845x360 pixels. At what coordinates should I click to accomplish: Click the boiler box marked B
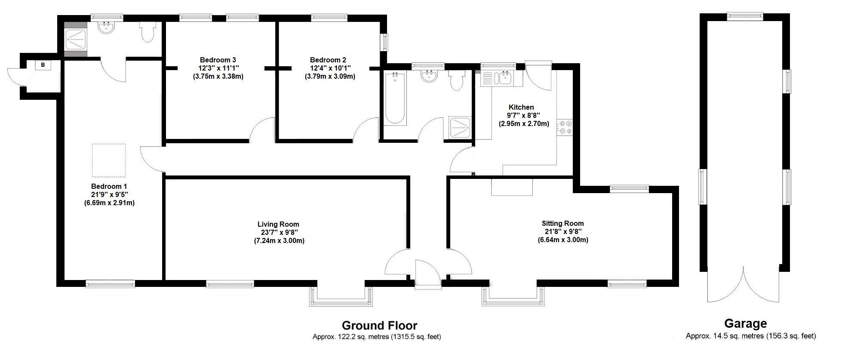[43, 65]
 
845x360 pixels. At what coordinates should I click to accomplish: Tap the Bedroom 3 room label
[218, 60]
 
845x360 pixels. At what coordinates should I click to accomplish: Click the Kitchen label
[521, 107]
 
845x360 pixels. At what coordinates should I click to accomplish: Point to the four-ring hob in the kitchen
[565, 128]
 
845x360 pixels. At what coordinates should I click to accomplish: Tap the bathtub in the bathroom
[395, 98]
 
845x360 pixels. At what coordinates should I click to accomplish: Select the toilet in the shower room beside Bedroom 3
[147, 33]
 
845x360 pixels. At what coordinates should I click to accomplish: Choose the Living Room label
[278, 224]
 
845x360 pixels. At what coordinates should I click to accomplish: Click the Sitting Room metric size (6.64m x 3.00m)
[562, 240]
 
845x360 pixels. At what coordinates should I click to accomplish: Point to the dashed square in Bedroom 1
[109, 160]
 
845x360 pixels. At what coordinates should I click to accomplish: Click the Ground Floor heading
[379, 325]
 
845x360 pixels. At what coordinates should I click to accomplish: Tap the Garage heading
[745, 323]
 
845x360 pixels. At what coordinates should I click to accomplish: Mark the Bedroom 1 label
[109, 187]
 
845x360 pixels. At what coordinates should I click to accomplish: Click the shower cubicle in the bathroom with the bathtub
[460, 128]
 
